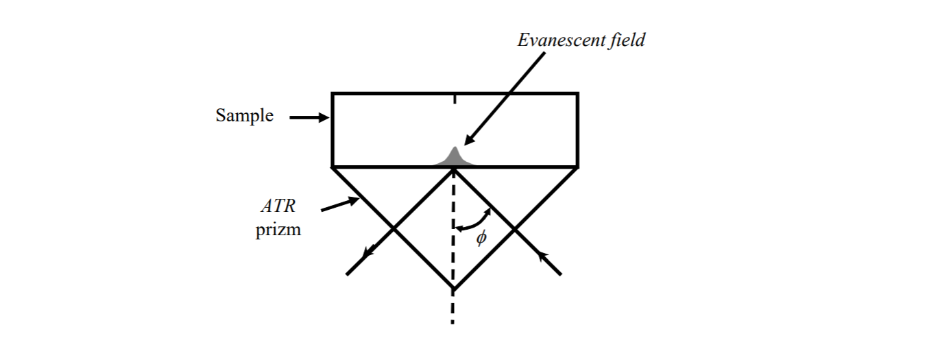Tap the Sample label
pos(244,116)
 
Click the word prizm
pos(278,230)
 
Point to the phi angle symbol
pos(481,238)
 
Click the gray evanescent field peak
pos(453,158)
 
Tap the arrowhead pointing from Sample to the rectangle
pos(323,118)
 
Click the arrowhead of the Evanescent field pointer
pos(469,140)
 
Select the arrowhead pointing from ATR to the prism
pos(354,200)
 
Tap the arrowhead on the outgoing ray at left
pos(368,254)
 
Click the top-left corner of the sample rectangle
pos(333,94)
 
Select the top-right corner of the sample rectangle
pos(577,94)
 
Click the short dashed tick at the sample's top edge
pos(453,100)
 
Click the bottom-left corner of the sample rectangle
pos(333,167)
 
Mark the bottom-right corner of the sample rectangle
pos(577,167)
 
